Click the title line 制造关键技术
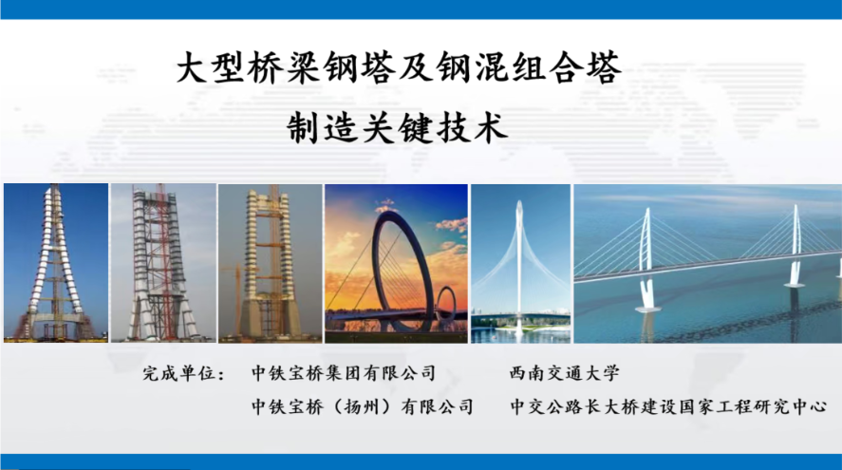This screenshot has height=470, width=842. (x=398, y=128)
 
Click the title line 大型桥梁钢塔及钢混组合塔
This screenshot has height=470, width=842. (x=400, y=67)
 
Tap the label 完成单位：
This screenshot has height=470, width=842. (x=183, y=373)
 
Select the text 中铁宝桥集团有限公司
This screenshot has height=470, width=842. (x=344, y=373)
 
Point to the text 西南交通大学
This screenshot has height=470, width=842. (x=565, y=373)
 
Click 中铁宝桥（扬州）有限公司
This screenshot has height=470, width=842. (x=363, y=406)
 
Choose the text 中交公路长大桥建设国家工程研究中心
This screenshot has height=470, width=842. (x=668, y=406)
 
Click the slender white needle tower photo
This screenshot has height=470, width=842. (x=520, y=263)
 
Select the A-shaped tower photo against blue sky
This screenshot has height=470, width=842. (x=56, y=263)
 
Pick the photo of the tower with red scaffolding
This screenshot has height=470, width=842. (x=163, y=263)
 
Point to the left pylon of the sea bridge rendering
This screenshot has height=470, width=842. (x=647, y=258)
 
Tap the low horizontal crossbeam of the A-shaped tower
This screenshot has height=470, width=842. (x=56, y=318)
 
